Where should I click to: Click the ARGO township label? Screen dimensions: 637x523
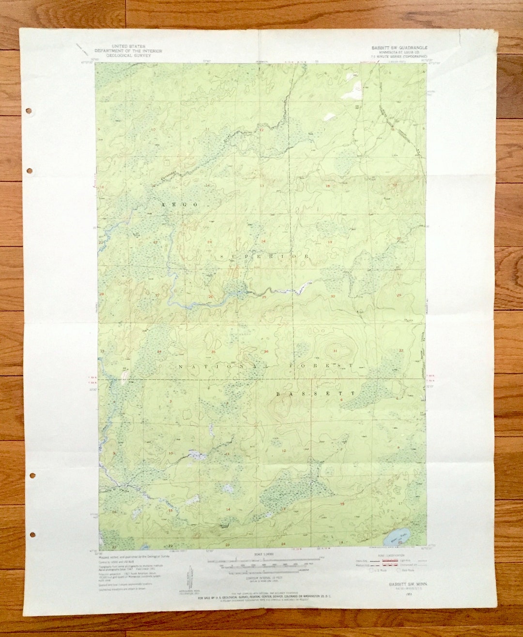pyautogui.click(x=180, y=205)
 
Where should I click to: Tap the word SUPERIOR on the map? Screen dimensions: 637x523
pyautogui.click(x=264, y=256)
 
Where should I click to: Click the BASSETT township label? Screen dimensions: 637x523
pyautogui.click(x=316, y=394)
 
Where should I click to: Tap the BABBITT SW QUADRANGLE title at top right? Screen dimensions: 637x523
pyautogui.click(x=400, y=48)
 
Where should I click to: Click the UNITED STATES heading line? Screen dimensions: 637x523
pyautogui.click(x=128, y=47)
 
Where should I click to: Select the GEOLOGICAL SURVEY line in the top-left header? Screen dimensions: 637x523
pyautogui.click(x=128, y=55)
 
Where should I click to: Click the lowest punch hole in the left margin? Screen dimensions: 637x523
pyautogui.click(x=32, y=535)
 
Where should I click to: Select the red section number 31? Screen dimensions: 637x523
pyautogui.click(x=335, y=350)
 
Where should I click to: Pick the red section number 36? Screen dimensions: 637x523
pyautogui.click(x=266, y=351)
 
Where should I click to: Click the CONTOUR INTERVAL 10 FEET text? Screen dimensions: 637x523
pyautogui.click(x=264, y=577)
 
